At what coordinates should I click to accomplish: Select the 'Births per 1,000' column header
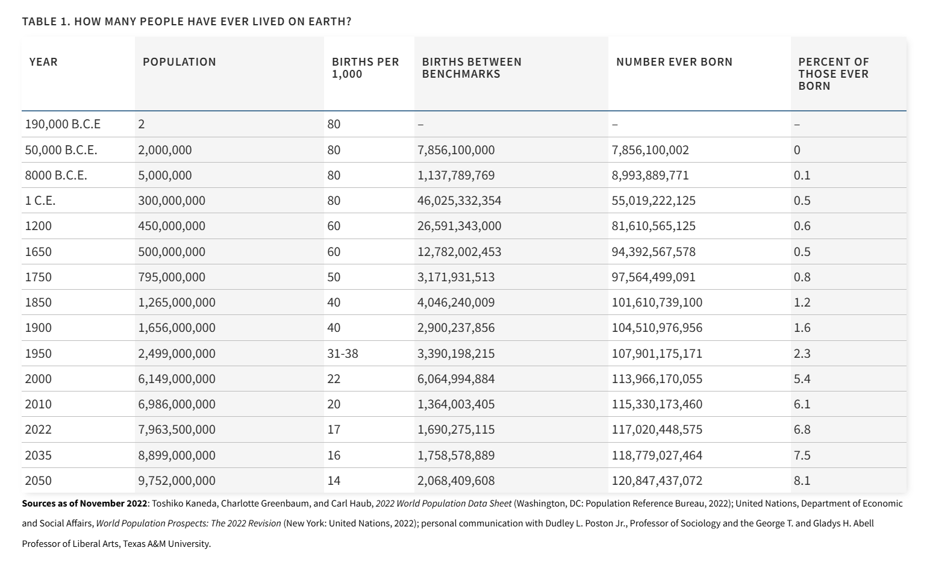click(366, 68)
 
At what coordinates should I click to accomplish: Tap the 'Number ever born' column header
click(675, 62)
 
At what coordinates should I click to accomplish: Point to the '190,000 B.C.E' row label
click(63, 124)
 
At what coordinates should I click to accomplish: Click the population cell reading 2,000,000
click(164, 150)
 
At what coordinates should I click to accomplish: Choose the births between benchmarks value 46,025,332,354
click(460, 201)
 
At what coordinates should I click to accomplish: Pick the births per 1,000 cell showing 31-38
click(343, 354)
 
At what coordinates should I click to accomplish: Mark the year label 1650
click(38, 252)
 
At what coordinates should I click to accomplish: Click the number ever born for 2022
click(657, 429)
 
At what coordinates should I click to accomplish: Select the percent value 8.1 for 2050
click(802, 481)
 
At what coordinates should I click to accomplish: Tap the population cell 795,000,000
click(172, 277)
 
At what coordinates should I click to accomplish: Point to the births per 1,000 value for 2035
click(334, 455)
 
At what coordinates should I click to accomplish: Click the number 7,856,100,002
click(651, 150)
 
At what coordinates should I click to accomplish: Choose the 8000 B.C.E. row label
click(56, 175)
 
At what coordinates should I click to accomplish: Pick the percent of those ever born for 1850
click(802, 302)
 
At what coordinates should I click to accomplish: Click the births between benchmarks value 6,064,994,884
click(456, 379)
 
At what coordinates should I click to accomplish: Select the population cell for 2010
click(176, 404)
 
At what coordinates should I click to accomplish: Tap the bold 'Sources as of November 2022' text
click(84, 504)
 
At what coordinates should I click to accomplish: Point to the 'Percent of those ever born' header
click(834, 74)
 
